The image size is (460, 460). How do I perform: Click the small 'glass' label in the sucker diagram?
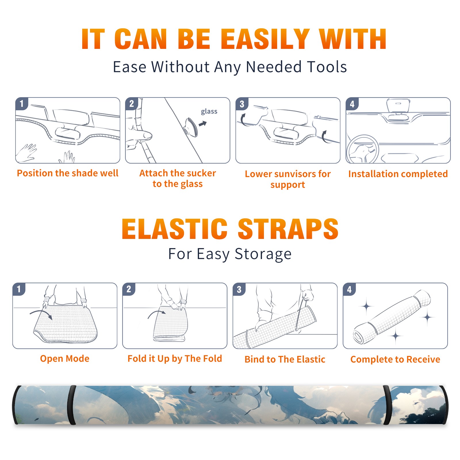209,112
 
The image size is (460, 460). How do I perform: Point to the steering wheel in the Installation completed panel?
362,149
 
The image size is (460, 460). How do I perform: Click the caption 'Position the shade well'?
68,173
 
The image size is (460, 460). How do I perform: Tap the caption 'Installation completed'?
398,174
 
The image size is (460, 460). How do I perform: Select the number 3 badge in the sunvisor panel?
242,104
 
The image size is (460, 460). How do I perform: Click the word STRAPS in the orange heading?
288,229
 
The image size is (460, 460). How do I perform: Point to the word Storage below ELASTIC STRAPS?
263,254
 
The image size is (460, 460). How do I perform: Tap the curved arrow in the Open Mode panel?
41,313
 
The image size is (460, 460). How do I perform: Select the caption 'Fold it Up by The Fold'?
175,359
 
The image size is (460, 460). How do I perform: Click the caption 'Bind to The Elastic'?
285,359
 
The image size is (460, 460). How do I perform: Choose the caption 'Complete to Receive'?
395,359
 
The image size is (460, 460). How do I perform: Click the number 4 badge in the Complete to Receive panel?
349,289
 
